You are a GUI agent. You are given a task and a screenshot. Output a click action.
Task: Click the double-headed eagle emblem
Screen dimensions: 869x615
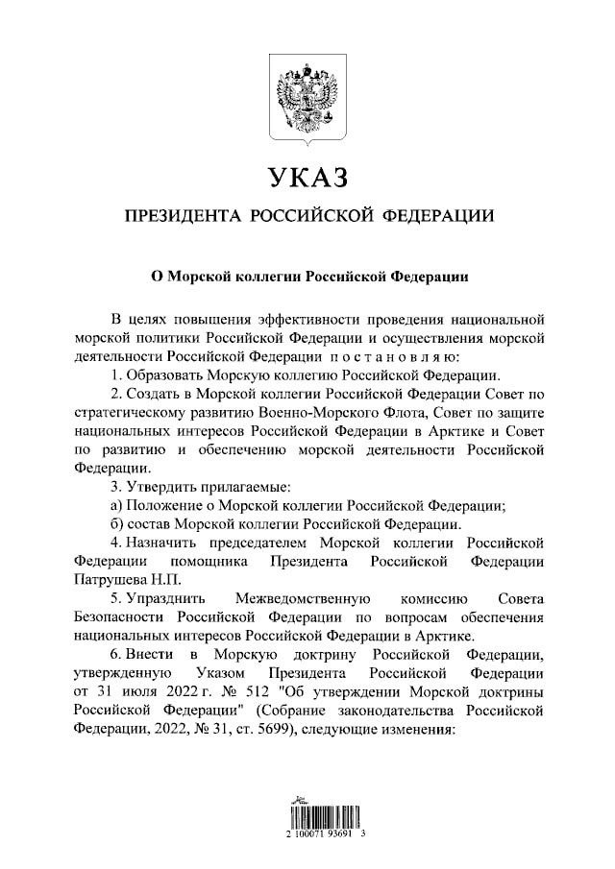click(x=307, y=98)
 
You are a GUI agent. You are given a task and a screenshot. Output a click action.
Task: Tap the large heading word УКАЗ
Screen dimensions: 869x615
click(x=307, y=178)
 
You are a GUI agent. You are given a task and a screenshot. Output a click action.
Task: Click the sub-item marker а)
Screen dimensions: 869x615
click(x=118, y=505)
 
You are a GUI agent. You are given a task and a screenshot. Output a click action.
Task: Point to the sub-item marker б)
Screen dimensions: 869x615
click(x=118, y=524)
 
